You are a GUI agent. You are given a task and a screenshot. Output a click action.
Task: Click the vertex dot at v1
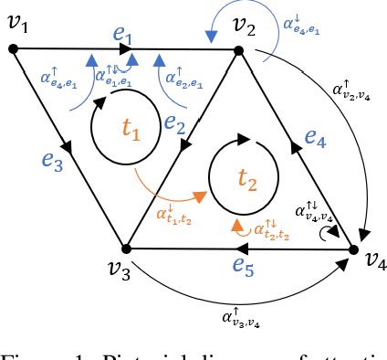coord(14,49)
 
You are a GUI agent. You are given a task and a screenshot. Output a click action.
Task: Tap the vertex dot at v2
coord(239,52)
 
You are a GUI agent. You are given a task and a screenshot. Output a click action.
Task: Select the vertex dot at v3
coord(127,248)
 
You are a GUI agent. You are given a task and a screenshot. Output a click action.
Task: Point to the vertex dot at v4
coord(353,249)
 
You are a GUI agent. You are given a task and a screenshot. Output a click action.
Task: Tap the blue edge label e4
coord(315,138)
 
